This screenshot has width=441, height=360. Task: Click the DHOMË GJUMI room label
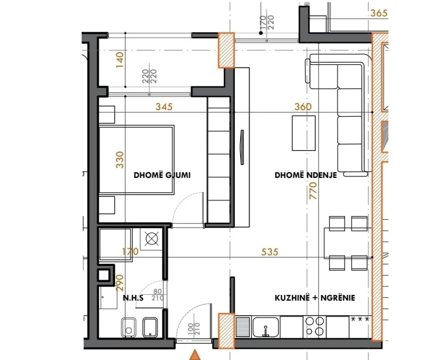tap(162, 176)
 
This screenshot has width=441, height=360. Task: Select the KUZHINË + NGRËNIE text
tap(314, 298)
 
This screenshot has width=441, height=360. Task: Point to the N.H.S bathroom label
tap(132, 298)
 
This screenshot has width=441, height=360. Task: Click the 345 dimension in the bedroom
tap(164, 107)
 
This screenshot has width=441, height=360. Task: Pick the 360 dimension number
tap(303, 107)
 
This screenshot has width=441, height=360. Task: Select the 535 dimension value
tap(270, 252)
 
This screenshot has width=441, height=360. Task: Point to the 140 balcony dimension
tap(120, 59)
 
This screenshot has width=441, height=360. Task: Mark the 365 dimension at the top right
tap(379, 13)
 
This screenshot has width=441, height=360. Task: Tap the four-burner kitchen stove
tap(314, 325)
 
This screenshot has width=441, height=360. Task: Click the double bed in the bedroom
tap(136, 159)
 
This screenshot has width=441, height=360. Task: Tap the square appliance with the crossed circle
tap(151, 239)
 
